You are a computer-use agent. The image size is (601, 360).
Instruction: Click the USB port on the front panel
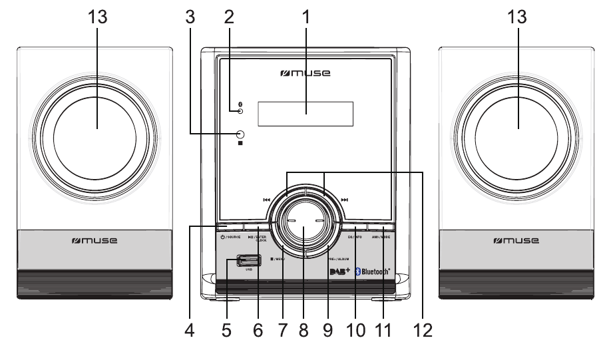tap(248, 261)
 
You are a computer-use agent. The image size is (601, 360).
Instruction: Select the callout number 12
tap(422, 328)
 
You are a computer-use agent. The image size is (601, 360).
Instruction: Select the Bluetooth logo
tap(373, 271)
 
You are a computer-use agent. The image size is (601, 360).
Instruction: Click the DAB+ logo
tap(339, 271)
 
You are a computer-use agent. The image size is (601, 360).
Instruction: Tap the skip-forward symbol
tap(344, 199)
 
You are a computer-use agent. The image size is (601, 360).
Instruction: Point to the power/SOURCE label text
tap(228, 237)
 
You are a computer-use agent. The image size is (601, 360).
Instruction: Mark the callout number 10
tap(355, 328)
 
